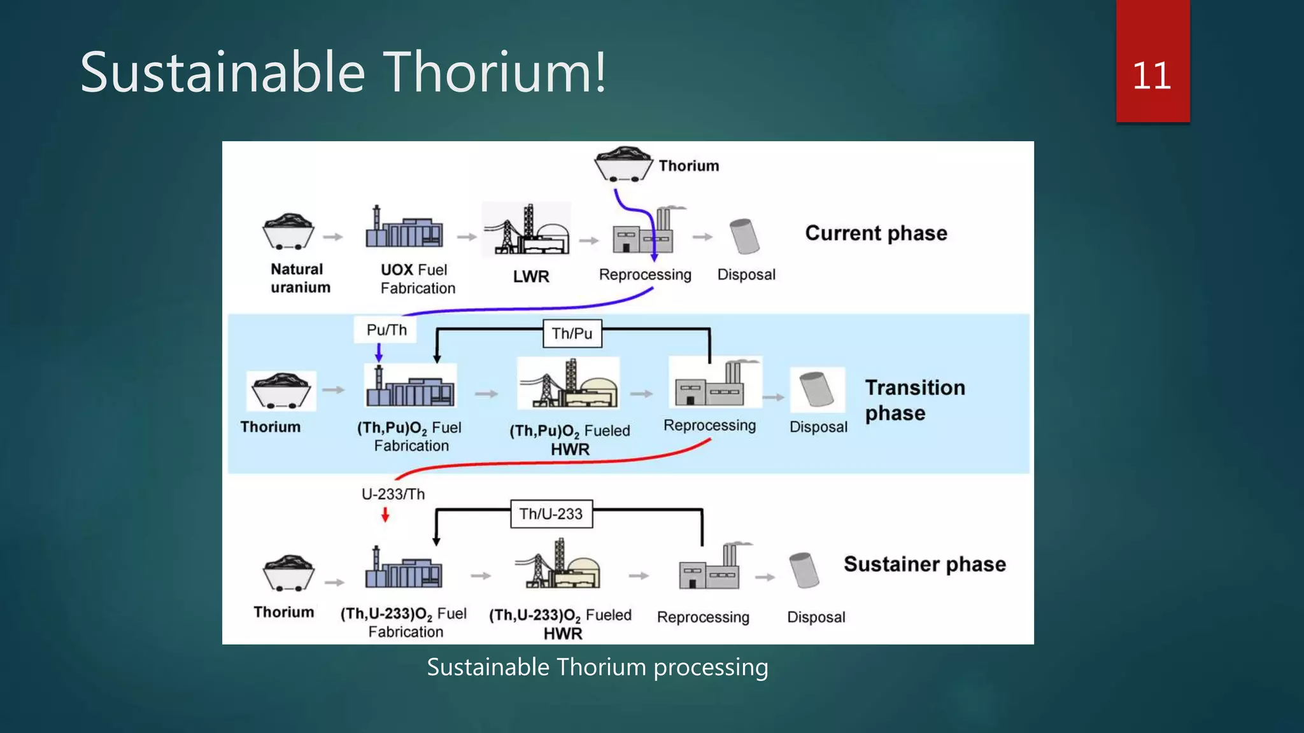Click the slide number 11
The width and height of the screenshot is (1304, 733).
coord(1151,76)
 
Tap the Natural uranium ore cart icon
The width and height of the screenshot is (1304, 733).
coord(288,232)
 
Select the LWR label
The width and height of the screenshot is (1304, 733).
coord(531,276)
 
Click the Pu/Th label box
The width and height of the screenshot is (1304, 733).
coord(386,330)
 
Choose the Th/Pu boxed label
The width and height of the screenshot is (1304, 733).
coord(572,333)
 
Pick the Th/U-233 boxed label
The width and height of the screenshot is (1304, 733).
coord(551,514)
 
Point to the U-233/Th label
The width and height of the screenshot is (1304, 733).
coord(393,494)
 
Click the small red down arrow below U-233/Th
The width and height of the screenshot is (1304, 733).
coord(385,515)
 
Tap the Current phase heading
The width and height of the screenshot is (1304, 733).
coord(875,233)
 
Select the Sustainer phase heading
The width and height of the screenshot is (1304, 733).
coord(925,564)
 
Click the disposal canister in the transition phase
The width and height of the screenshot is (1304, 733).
coord(817,390)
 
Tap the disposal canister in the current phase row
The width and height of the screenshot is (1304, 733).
coord(744,236)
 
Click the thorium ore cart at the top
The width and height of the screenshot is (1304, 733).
coord(623,165)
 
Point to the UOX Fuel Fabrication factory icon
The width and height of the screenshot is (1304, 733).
coord(404,228)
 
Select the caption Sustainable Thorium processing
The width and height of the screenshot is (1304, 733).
coord(597,667)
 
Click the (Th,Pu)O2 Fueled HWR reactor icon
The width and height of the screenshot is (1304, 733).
coord(569,384)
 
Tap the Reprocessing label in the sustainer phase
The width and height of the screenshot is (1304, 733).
coord(703,617)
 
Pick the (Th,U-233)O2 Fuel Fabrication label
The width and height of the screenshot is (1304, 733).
coord(404,622)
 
